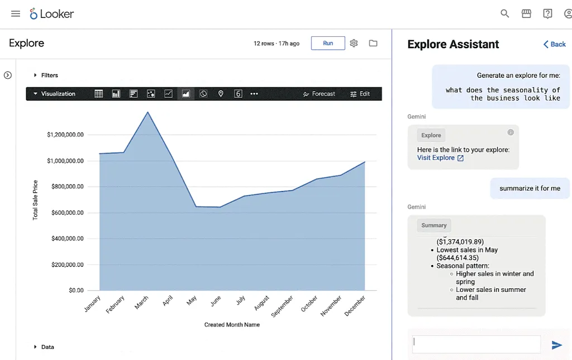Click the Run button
328,43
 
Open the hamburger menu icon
16,14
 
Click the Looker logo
52,14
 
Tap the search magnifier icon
505,14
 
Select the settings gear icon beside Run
354,43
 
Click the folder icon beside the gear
373,43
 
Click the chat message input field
476,344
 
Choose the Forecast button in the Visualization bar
319,94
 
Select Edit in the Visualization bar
360,94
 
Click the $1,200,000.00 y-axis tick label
65,135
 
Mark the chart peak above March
147,112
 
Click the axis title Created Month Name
232,325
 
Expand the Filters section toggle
36,75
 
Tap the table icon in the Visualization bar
99,94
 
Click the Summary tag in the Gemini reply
434,225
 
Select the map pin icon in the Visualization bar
221,94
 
